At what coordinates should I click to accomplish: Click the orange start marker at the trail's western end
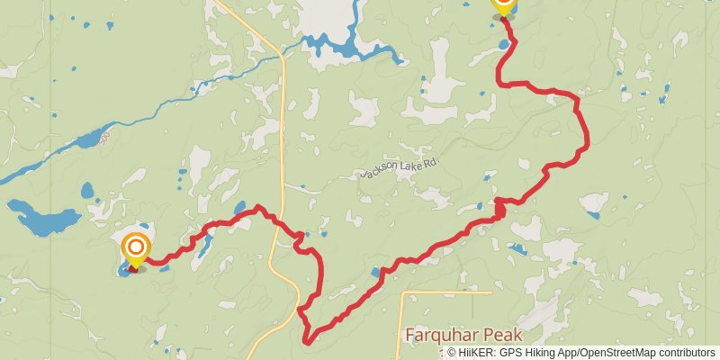tap(136, 247)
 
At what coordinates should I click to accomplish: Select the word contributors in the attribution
tap(686, 353)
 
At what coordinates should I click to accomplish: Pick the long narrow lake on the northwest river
tap(90, 139)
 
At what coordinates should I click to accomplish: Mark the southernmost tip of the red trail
tap(309, 342)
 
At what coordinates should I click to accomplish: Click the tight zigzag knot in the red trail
tap(498, 209)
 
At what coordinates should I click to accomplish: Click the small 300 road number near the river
tap(104, 135)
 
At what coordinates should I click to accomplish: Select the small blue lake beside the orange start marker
tap(123, 269)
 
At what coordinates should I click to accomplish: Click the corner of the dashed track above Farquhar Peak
tap(402, 292)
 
